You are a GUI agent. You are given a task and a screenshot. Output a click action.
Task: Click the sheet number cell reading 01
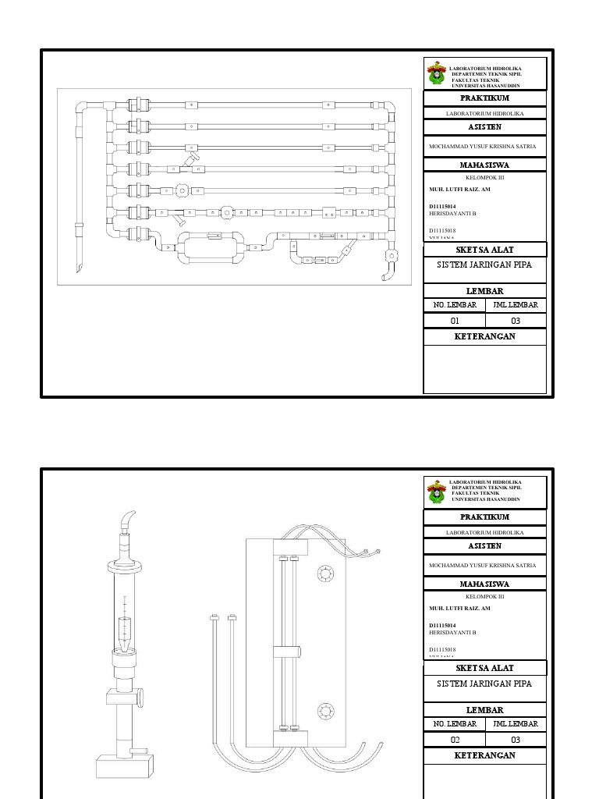455,321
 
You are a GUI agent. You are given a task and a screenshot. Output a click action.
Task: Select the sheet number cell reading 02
455,740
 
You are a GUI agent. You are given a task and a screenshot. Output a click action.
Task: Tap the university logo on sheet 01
436,74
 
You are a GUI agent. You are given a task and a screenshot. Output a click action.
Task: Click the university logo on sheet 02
436,493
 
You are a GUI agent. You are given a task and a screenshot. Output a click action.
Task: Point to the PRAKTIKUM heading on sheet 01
484,98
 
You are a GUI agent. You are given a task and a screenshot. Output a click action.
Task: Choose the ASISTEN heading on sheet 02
484,546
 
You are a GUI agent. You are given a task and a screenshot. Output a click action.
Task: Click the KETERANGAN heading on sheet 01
484,337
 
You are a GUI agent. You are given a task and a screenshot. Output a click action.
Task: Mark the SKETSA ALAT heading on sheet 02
484,668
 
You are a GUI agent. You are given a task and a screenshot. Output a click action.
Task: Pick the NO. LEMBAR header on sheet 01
455,305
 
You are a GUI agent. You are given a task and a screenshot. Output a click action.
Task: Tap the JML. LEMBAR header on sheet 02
516,724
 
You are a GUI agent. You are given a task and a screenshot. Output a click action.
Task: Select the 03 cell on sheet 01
516,321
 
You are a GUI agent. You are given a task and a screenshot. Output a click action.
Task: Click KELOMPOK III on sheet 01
484,177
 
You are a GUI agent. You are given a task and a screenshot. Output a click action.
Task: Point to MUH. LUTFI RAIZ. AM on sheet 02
460,608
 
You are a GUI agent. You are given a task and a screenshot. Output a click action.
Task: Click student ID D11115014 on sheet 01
442,207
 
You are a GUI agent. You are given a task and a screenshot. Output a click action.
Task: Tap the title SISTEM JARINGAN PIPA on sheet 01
484,265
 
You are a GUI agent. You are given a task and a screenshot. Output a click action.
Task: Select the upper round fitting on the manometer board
324,575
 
